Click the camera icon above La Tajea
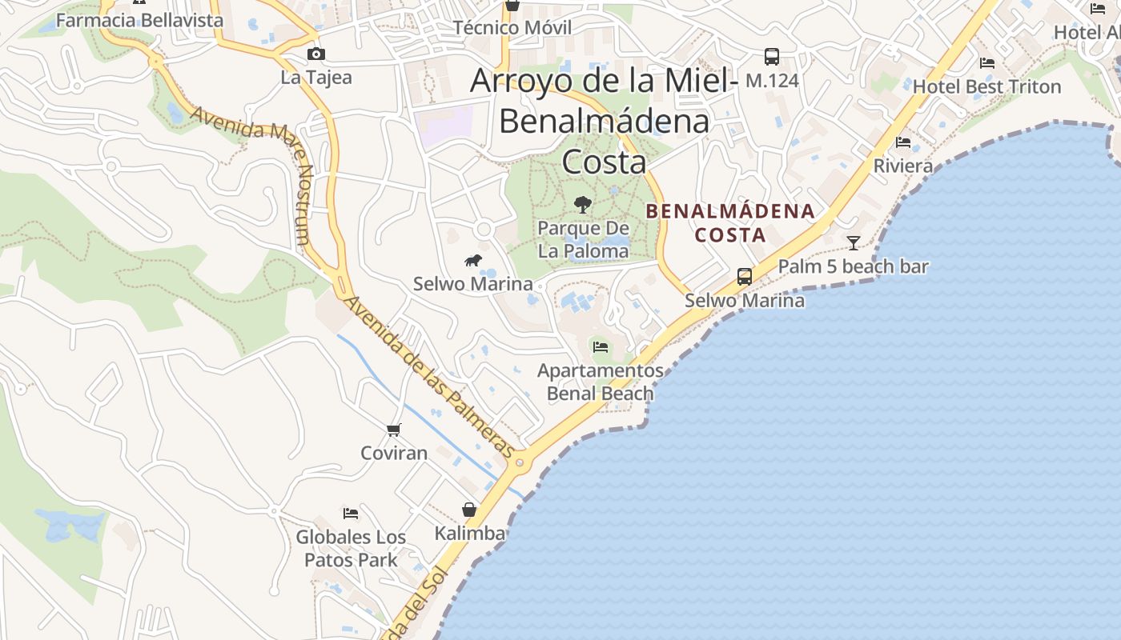click(316, 54)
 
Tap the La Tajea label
click(316, 78)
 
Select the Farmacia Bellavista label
click(139, 21)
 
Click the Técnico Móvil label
click(512, 28)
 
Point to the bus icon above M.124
click(772, 57)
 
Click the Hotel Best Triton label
click(986, 86)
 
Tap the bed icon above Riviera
click(903, 142)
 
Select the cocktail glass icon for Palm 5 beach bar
click(854, 242)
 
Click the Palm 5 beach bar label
click(854, 266)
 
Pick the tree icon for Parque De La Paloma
click(583, 205)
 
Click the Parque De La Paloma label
click(583, 239)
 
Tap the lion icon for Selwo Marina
click(473, 260)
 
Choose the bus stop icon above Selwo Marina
click(745, 277)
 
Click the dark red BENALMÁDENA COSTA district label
click(730, 223)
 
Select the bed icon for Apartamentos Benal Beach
click(601, 346)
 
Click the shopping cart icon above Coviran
click(394, 430)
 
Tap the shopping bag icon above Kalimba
click(469, 510)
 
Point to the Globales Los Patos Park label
click(351, 548)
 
